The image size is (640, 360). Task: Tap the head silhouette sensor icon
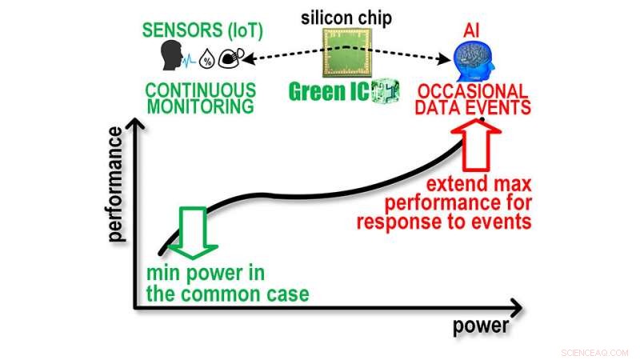[x=170, y=56]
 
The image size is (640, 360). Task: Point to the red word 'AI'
[x=472, y=29]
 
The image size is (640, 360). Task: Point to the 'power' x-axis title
[x=481, y=326]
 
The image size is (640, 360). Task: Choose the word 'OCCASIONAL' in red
[x=473, y=91]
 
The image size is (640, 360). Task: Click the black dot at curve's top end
[x=482, y=120]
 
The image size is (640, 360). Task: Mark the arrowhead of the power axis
[x=516, y=306]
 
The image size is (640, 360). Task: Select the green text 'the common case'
[x=226, y=294]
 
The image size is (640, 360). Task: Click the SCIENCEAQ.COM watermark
[x=596, y=352]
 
